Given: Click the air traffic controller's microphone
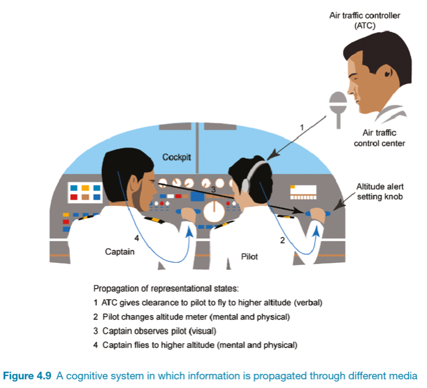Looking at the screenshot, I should (338, 103).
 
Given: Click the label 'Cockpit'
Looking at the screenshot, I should (177, 157).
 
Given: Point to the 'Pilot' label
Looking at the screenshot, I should (249, 256).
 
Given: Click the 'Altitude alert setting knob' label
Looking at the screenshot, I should (380, 192).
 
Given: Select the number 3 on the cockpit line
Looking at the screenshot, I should (213, 189).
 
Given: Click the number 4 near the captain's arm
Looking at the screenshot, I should (136, 238).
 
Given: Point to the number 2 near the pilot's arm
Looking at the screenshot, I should (281, 240).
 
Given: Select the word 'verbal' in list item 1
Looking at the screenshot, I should (310, 303).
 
